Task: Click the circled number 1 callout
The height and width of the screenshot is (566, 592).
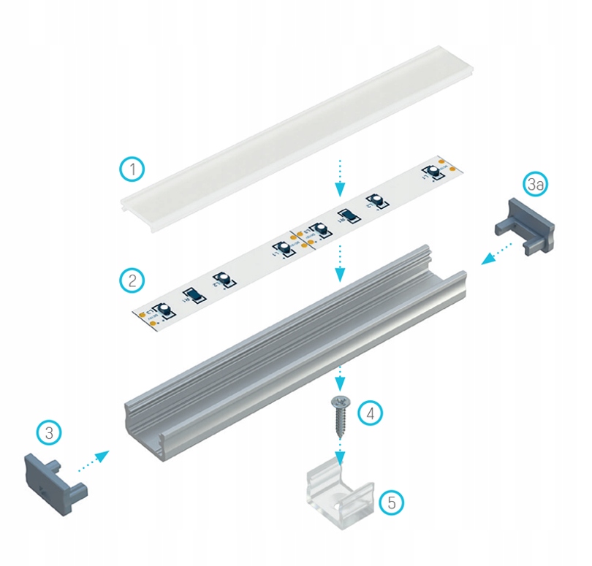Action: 132,169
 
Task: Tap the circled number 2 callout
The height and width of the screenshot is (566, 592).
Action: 132,280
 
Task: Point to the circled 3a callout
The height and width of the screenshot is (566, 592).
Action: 536,185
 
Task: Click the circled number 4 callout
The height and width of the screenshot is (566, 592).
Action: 371,413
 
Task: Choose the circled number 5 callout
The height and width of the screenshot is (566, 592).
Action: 391,502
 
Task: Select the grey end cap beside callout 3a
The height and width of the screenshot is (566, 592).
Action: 524,223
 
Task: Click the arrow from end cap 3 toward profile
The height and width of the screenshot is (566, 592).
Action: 94,462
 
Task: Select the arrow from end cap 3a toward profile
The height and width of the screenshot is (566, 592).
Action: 495,253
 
